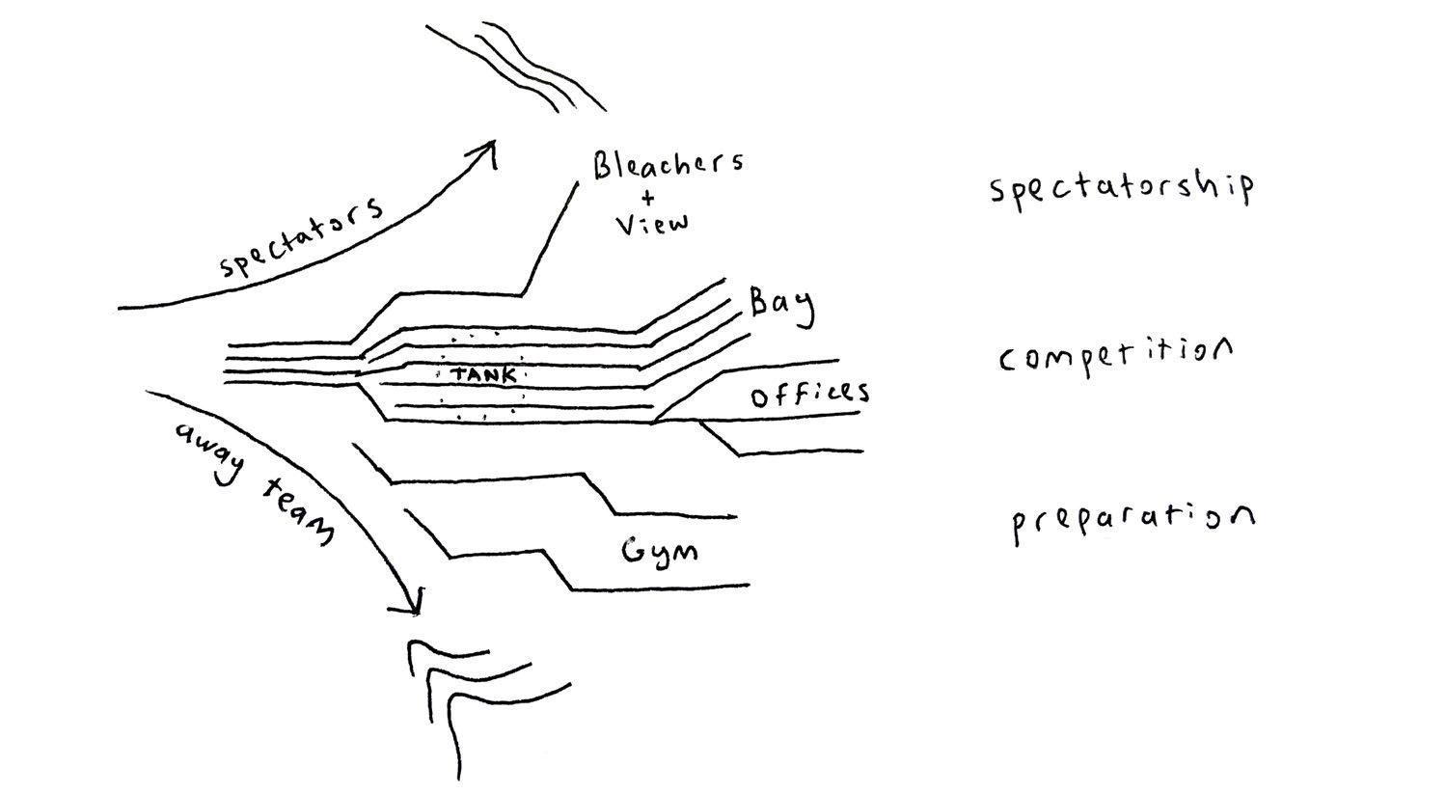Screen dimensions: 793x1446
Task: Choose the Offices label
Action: point(809,394)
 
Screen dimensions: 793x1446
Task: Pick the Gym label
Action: point(659,553)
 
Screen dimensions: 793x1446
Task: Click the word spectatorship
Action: point(1122,187)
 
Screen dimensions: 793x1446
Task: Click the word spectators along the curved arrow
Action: point(300,238)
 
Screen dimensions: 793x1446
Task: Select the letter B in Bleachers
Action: point(604,166)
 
